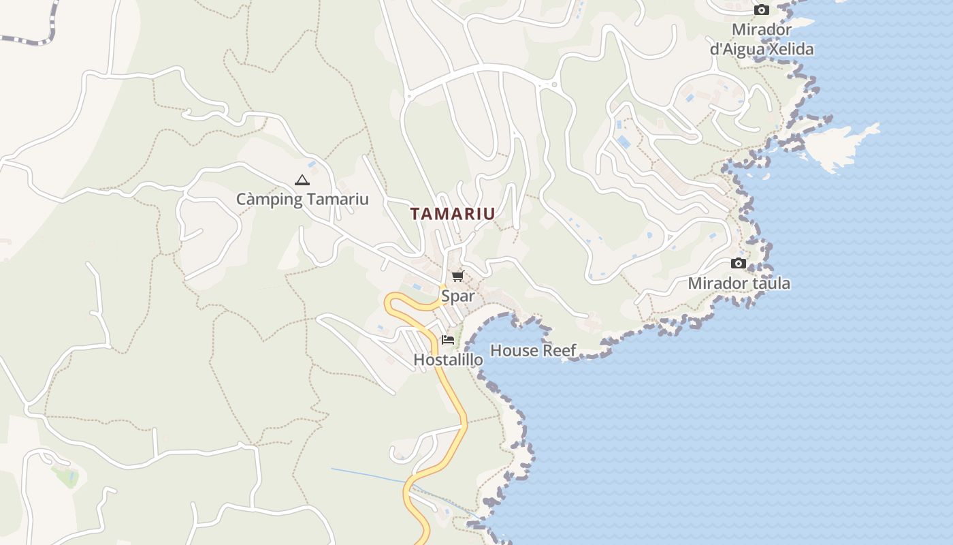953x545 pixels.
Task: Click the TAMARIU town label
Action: (x=453, y=213)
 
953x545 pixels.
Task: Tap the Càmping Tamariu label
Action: (x=302, y=199)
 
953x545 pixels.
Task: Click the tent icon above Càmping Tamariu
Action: (x=302, y=181)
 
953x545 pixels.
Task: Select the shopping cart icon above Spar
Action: (x=457, y=276)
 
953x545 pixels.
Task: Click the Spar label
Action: (x=457, y=296)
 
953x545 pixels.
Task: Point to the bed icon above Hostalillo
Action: (x=447, y=339)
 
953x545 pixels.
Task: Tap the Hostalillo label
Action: (x=448, y=359)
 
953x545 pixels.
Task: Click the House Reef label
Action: (x=533, y=350)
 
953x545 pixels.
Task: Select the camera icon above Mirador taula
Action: (x=739, y=264)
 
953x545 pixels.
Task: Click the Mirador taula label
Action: (x=739, y=283)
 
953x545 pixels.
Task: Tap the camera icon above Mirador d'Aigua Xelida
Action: (x=762, y=10)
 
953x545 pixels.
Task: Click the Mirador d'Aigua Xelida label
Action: (x=762, y=40)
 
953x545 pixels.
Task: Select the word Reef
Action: (x=559, y=350)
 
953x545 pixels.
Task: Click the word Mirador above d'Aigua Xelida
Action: (x=762, y=29)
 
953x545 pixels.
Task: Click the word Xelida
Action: (x=791, y=49)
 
